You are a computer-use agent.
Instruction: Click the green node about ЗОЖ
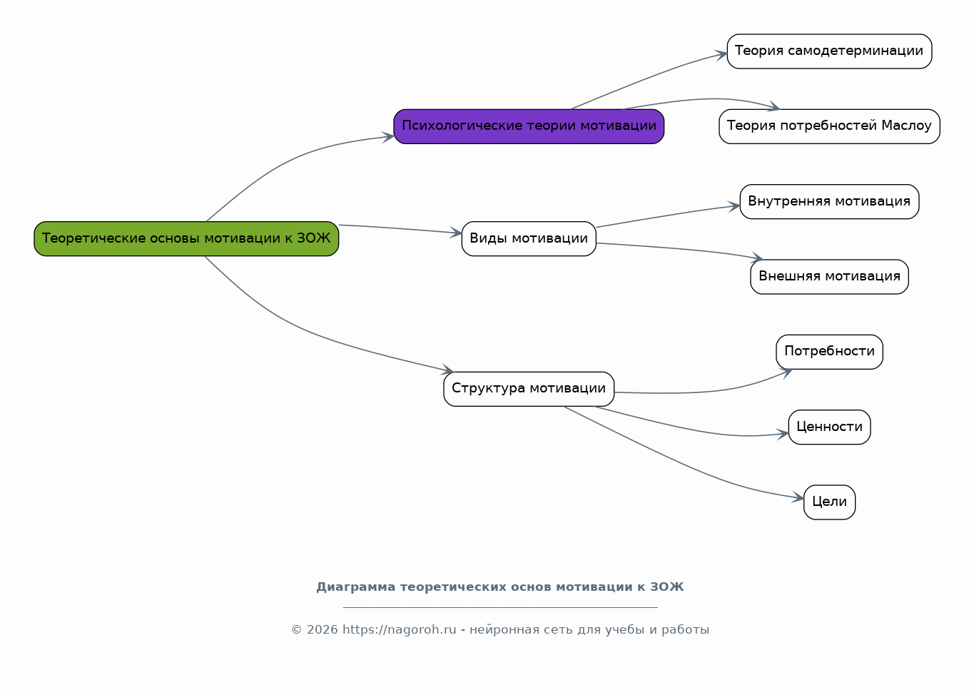click(186, 239)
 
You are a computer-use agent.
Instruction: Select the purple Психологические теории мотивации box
click(529, 126)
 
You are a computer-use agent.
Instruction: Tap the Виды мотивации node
click(529, 239)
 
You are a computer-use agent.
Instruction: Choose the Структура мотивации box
click(529, 389)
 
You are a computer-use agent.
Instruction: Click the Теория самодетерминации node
click(829, 51)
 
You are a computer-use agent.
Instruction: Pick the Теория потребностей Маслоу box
click(829, 126)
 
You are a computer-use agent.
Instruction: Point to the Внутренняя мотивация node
click(829, 202)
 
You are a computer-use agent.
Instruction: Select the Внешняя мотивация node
click(829, 277)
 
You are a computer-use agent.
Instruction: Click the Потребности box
click(829, 352)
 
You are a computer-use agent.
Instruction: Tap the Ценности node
click(829, 427)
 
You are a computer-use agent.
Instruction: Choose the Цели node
click(829, 502)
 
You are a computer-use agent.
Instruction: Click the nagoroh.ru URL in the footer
click(399, 629)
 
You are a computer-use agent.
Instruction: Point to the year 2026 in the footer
click(323, 629)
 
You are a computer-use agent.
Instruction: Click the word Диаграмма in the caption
click(355, 587)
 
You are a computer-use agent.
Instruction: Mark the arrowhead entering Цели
click(798, 497)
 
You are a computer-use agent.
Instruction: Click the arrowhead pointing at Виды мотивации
click(456, 233)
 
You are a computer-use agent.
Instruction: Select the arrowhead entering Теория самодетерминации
click(721, 55)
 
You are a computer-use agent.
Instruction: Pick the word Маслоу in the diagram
click(907, 126)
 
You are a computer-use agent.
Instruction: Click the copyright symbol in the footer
click(296, 630)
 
